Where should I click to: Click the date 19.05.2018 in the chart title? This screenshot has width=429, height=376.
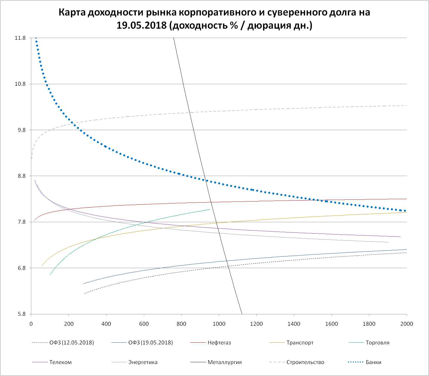pyautogui.click(x=141, y=25)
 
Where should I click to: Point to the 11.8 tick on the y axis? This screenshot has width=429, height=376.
pyautogui.click(x=20, y=38)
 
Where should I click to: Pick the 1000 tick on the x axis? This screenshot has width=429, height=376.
pyautogui.click(x=219, y=324)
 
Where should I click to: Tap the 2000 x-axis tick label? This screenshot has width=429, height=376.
pyautogui.click(x=407, y=324)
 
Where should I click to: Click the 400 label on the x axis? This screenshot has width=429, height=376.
pyautogui.click(x=106, y=324)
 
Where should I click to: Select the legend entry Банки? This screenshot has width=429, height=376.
pyautogui.click(x=373, y=362)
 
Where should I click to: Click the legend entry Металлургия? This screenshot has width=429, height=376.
pyautogui.click(x=225, y=362)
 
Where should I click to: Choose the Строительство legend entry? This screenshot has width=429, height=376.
pyautogui.click(x=305, y=362)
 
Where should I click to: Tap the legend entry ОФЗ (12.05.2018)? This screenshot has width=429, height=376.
pyautogui.click(x=72, y=343)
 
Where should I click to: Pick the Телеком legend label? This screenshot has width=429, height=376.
pyautogui.click(x=61, y=362)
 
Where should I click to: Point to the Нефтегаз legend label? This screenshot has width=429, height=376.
pyautogui.click(x=219, y=343)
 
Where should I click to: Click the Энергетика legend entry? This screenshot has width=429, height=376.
pyautogui.click(x=143, y=362)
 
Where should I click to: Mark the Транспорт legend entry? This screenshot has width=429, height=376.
pyautogui.click(x=300, y=343)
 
